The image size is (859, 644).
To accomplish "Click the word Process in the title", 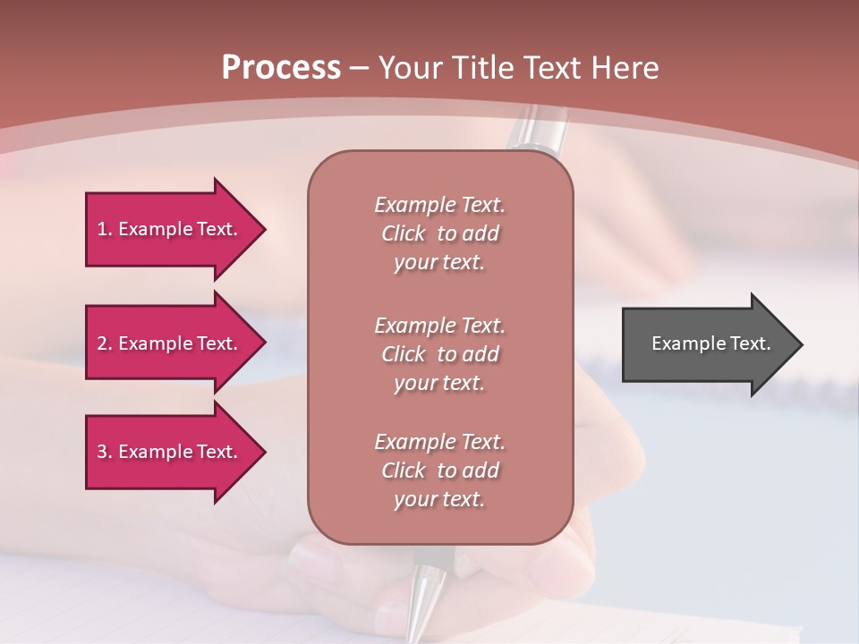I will [281, 68].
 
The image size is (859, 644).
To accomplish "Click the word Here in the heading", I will [625, 68].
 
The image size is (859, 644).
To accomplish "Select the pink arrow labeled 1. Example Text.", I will [170, 229].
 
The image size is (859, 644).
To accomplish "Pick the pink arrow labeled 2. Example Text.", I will [170, 343].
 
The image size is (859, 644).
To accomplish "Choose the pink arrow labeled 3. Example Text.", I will [170, 452].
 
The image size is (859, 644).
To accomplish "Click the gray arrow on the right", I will [707, 343].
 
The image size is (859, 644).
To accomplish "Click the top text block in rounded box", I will [439, 233].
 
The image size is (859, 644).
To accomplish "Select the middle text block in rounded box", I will [439, 353].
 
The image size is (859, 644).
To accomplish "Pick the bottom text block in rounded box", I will [439, 470].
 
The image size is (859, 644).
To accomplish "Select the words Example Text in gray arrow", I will [710, 343].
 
